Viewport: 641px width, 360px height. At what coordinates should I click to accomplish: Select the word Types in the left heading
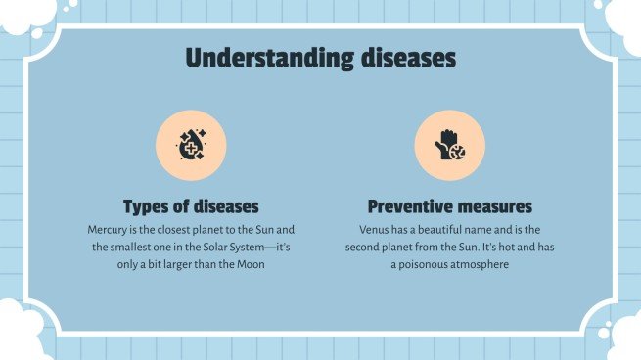(147, 206)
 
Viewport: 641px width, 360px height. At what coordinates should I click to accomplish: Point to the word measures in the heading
(496, 206)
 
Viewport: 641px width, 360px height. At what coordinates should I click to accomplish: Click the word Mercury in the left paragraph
(108, 229)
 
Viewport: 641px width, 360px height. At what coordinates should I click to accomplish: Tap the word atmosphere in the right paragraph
(483, 264)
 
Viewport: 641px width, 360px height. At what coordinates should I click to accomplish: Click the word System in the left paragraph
(243, 247)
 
